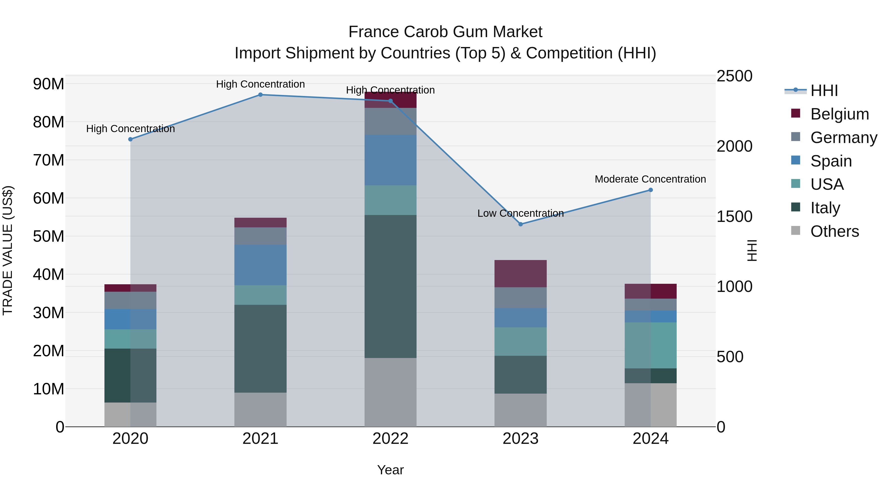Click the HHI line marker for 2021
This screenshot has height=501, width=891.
coord(260,95)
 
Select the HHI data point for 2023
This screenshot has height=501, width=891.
coord(520,224)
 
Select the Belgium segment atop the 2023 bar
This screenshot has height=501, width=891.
coord(520,273)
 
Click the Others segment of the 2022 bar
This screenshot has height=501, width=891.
coord(391,392)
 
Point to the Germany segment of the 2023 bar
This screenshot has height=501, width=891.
coord(520,297)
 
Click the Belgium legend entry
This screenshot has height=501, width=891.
coord(840,114)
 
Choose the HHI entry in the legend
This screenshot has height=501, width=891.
coord(824,91)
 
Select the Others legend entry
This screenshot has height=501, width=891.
coord(834,231)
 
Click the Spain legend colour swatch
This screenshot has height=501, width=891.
coord(795,160)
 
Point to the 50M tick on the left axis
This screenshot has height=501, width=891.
coord(49,237)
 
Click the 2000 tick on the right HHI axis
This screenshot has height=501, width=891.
coord(734,146)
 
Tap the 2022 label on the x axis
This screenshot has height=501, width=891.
coord(391,439)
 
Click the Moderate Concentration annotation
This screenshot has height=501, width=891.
coord(650,179)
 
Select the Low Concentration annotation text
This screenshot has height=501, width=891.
coord(520,213)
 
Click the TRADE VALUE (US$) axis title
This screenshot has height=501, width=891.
coord(8,250)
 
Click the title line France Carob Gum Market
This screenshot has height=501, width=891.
coord(445,32)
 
